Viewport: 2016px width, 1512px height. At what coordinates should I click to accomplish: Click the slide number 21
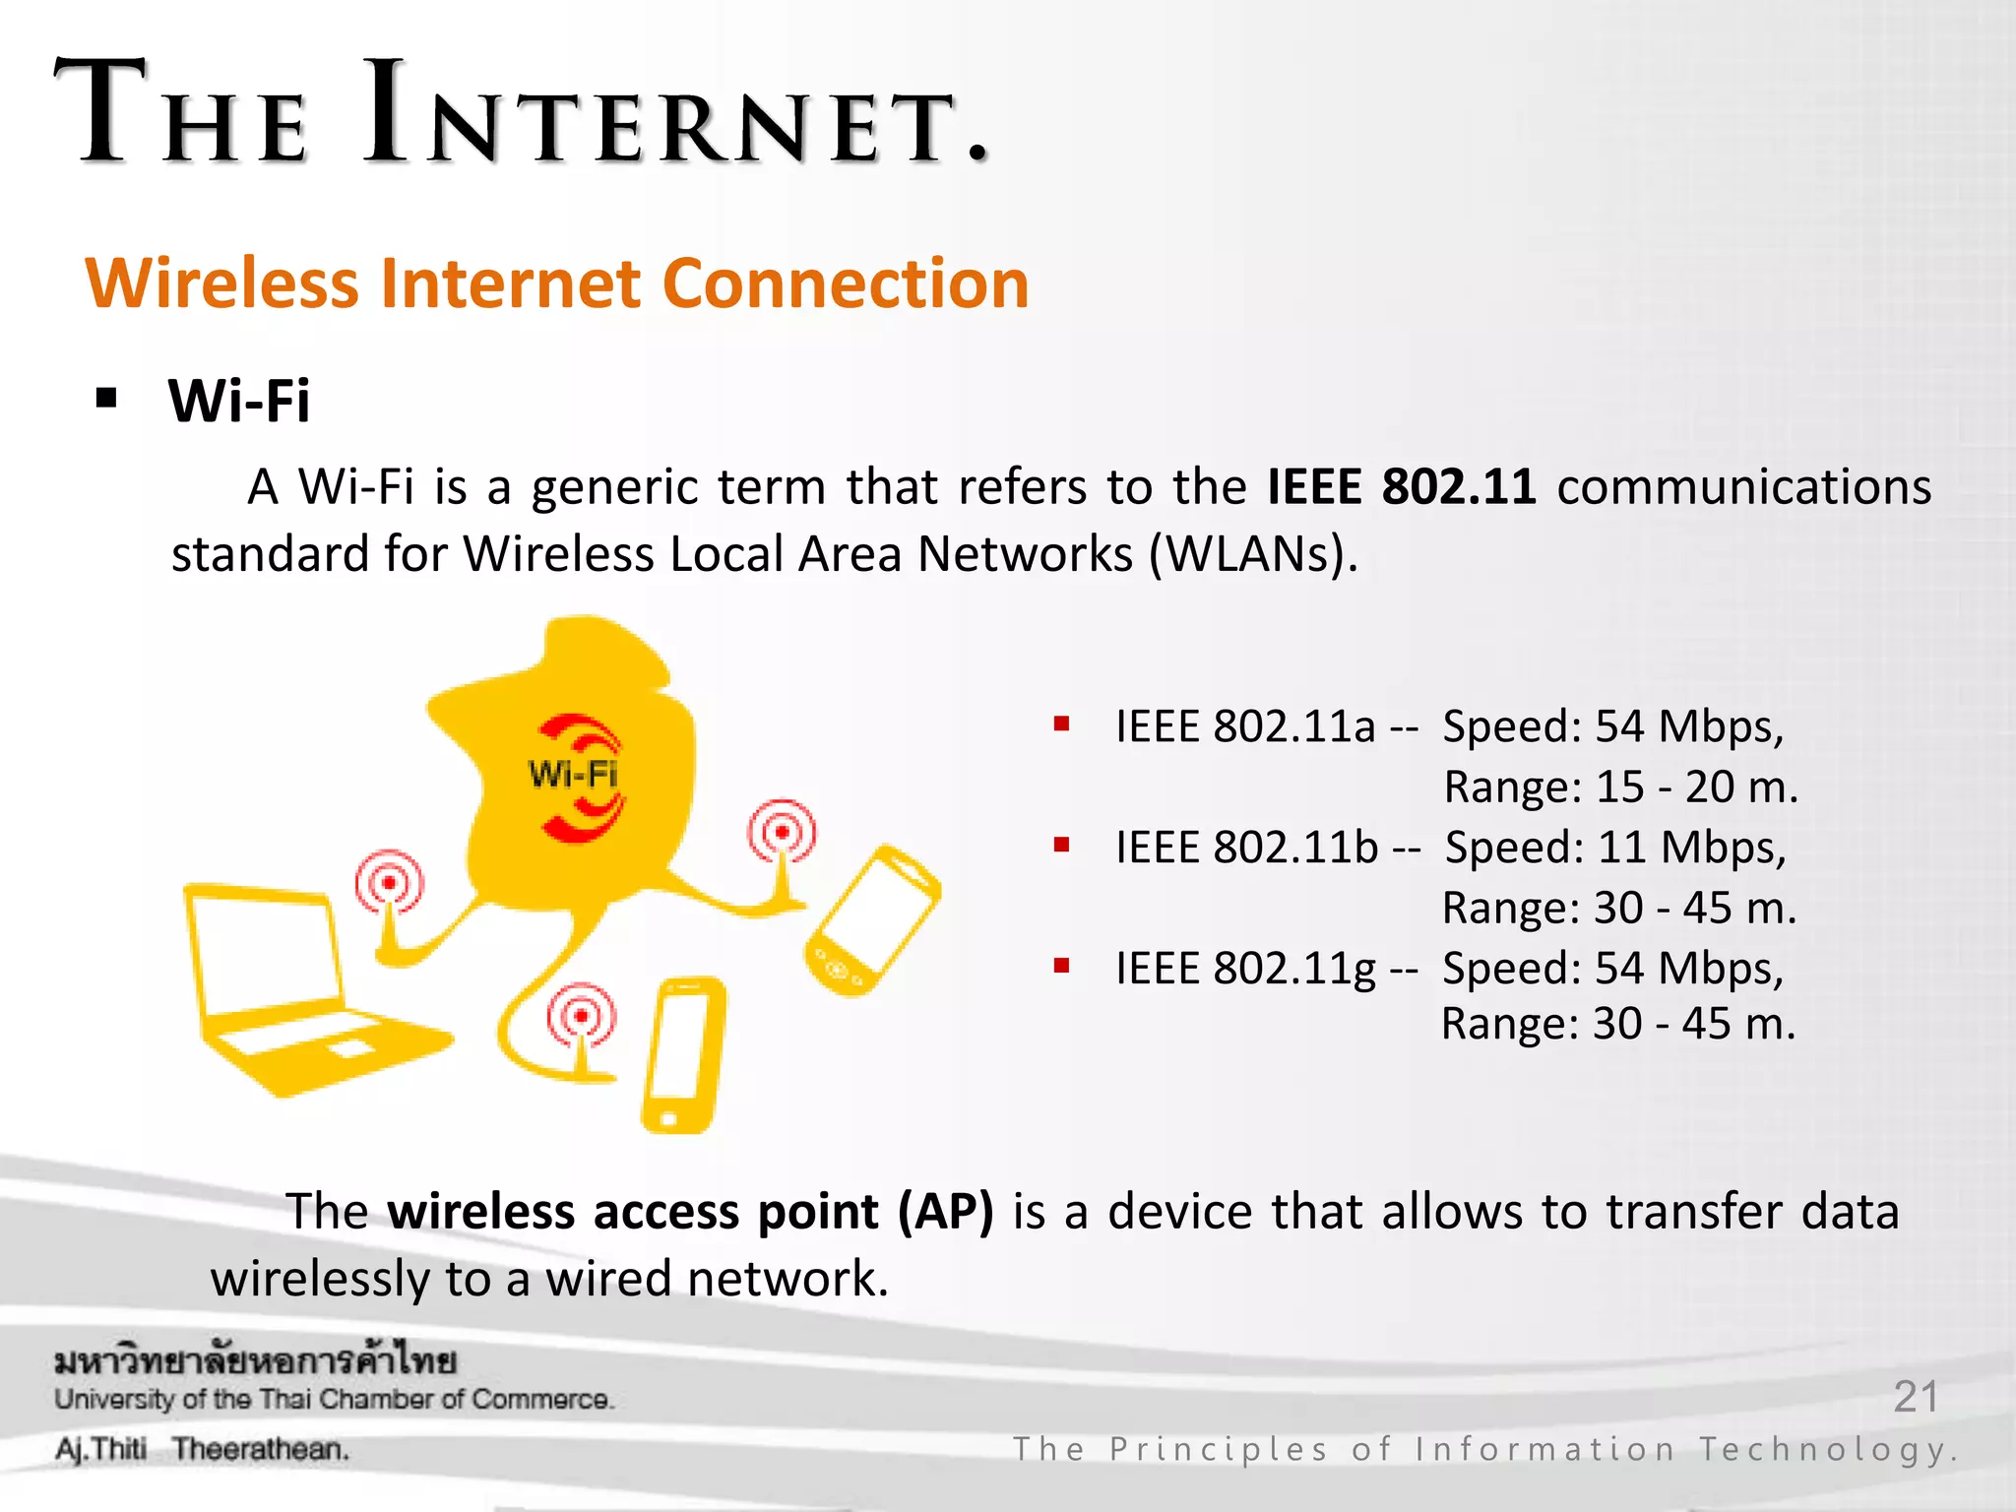[x=1916, y=1396]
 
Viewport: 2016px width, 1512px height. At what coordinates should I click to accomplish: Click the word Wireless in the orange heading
[x=222, y=283]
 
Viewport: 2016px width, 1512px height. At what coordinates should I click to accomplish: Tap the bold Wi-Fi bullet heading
[x=239, y=401]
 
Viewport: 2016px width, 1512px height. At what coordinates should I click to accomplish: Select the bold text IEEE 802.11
[x=1401, y=486]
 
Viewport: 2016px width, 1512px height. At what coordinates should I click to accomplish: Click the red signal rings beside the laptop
[x=390, y=882]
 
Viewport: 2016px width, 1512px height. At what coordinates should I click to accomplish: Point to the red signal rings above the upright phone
[x=582, y=1015]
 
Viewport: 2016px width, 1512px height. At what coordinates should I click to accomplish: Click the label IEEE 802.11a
[x=1245, y=726]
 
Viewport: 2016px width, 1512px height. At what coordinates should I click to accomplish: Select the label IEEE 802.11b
[x=1246, y=848]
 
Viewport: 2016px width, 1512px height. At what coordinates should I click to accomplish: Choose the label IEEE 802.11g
[x=1245, y=969]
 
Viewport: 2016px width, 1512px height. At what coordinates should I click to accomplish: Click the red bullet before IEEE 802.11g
[x=1061, y=966]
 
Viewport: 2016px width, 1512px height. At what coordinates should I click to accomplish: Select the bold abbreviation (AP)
[x=945, y=1212]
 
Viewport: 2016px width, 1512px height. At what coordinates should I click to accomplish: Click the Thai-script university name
[x=255, y=1361]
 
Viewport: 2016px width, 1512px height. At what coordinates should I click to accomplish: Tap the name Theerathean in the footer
[x=260, y=1450]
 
